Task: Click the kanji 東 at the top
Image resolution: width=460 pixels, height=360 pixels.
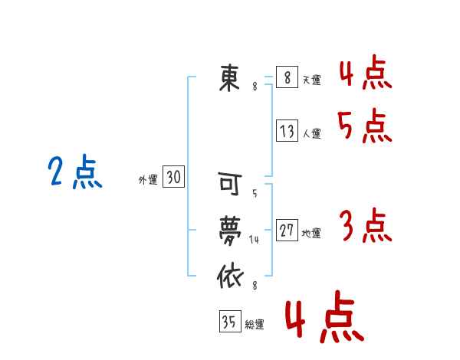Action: click(x=230, y=78)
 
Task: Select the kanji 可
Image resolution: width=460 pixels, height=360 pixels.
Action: click(x=230, y=184)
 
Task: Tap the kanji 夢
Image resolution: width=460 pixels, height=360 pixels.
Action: click(x=230, y=231)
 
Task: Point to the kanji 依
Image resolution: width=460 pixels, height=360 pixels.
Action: click(x=231, y=277)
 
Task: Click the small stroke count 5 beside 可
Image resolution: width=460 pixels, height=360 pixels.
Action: click(x=255, y=194)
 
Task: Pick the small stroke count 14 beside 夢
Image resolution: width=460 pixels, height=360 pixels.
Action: click(x=254, y=240)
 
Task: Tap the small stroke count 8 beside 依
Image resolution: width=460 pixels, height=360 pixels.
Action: click(x=255, y=285)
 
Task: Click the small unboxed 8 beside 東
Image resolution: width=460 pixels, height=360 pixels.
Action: click(x=255, y=87)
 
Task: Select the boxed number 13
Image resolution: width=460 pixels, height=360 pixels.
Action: click(x=287, y=130)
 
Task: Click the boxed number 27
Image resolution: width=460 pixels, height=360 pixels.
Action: click(x=287, y=230)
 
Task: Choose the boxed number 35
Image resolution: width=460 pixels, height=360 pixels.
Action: click(x=230, y=321)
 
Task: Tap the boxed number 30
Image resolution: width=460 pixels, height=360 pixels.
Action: click(x=174, y=176)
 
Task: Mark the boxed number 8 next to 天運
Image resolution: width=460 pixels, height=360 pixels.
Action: click(x=287, y=77)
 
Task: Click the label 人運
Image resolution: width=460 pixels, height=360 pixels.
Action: click(x=311, y=134)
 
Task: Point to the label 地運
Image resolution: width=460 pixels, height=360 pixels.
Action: click(x=311, y=234)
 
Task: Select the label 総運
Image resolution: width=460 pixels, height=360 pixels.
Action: click(x=255, y=325)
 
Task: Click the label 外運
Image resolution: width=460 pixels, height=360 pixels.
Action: click(x=148, y=180)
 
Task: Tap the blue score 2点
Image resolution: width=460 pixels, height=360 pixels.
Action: click(x=75, y=172)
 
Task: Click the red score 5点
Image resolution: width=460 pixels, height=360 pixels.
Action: click(x=365, y=126)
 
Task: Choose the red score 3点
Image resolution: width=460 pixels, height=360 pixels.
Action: click(x=366, y=225)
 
